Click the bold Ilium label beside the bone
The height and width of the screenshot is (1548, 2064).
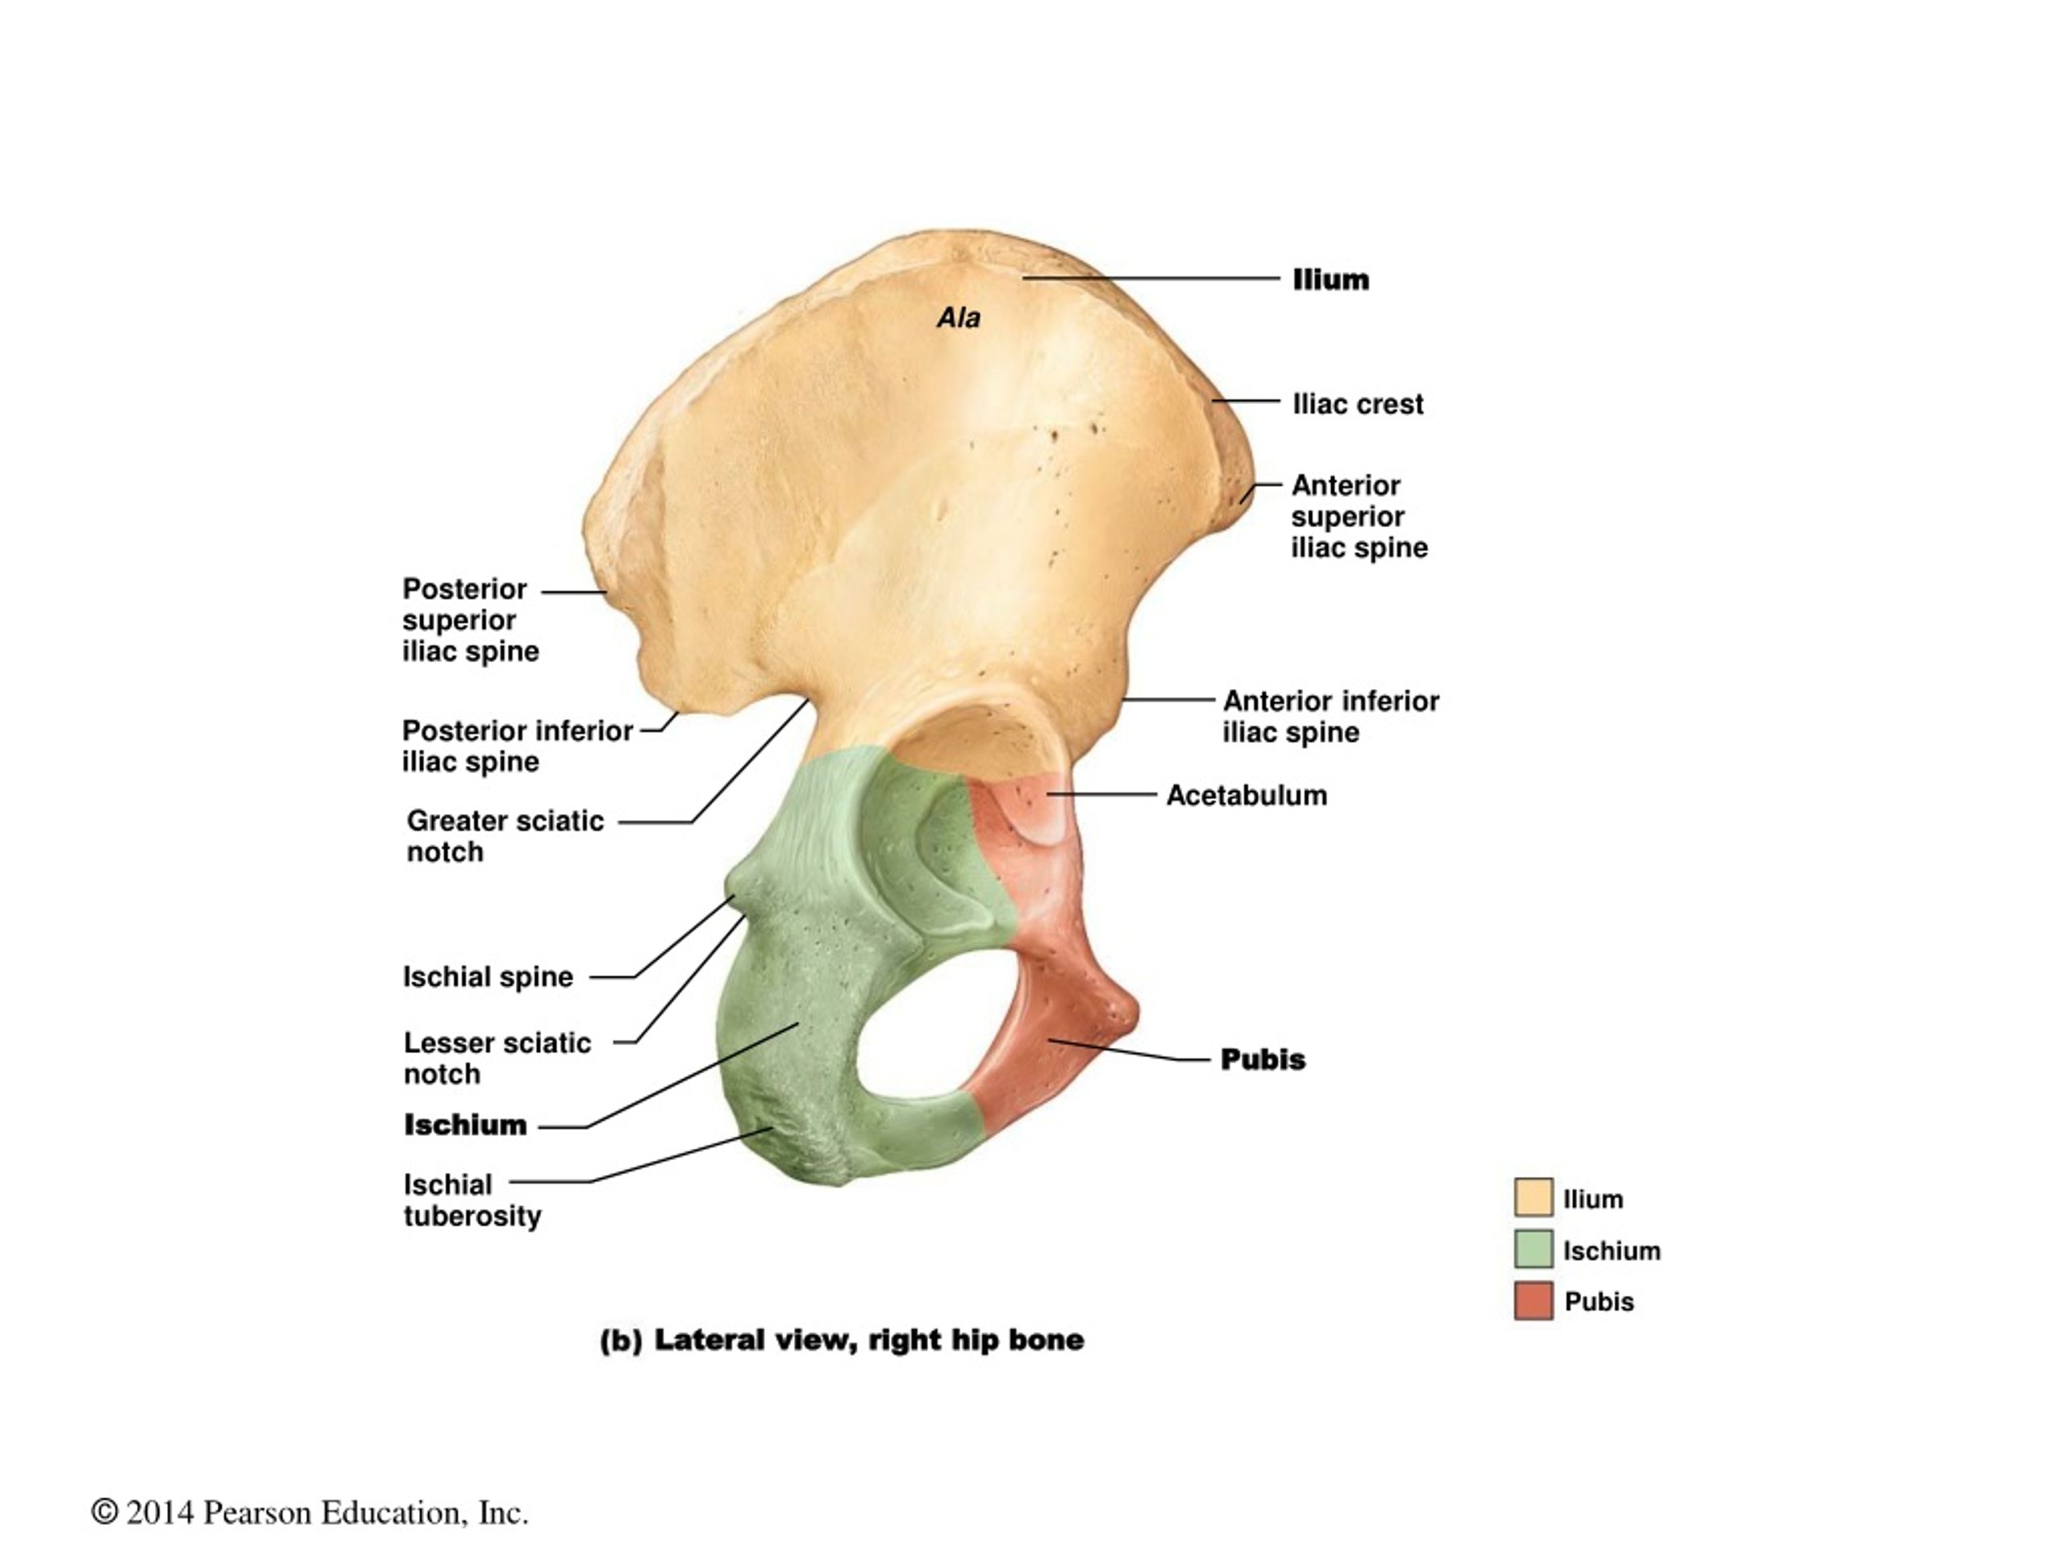[x=1330, y=279]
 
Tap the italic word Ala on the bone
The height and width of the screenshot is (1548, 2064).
[x=959, y=318]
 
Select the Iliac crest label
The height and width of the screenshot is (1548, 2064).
[x=1358, y=404]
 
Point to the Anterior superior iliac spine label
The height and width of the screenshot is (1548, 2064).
[x=1359, y=516]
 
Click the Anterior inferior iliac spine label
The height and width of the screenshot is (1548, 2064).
[x=1330, y=717]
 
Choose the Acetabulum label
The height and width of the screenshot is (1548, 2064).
[x=1246, y=795]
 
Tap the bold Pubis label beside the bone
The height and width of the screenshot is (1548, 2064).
[x=1263, y=1059]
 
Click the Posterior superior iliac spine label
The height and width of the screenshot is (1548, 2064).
[x=470, y=619]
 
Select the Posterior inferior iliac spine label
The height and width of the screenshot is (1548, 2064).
[x=518, y=746]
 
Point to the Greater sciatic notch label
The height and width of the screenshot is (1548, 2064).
[x=505, y=836]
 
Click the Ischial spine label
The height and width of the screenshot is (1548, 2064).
[x=488, y=977]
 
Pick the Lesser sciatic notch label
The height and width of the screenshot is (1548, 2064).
[x=497, y=1058]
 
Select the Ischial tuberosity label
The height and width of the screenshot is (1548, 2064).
[x=472, y=1200]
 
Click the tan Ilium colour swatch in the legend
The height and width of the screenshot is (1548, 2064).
[x=1533, y=1197]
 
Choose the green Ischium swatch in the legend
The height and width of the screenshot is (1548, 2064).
[x=1533, y=1248]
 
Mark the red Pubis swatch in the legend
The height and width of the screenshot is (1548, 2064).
[x=1533, y=1300]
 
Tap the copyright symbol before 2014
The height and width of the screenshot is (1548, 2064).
[x=105, y=1512]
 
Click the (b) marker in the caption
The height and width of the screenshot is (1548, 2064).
[x=621, y=1341]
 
